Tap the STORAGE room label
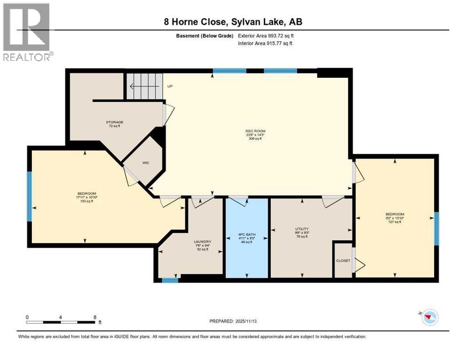pos(114,122)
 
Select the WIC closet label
pos(145,163)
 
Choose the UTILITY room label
pos(301,229)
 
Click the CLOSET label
pos(343,261)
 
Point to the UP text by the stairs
pos(171,86)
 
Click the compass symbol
pos(428,317)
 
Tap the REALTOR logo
pos(27,32)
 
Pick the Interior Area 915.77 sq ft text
pos(265,44)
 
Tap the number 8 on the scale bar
pos(95,317)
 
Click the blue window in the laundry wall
pos(170,280)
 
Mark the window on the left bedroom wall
pos(29,196)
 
